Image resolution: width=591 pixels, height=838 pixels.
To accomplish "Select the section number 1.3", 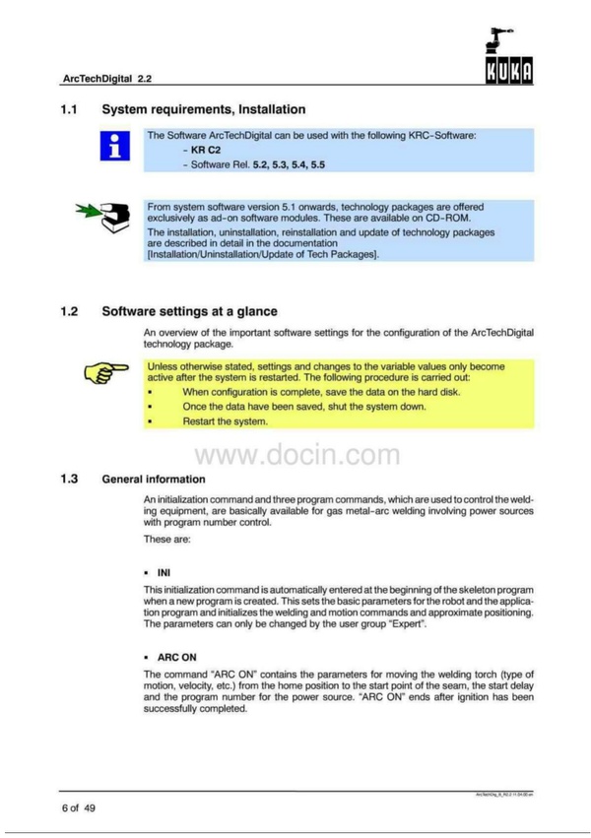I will click(69, 480).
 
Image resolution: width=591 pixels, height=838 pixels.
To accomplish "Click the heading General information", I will click(154, 481).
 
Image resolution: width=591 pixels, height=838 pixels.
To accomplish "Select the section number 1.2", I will click(69, 312).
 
